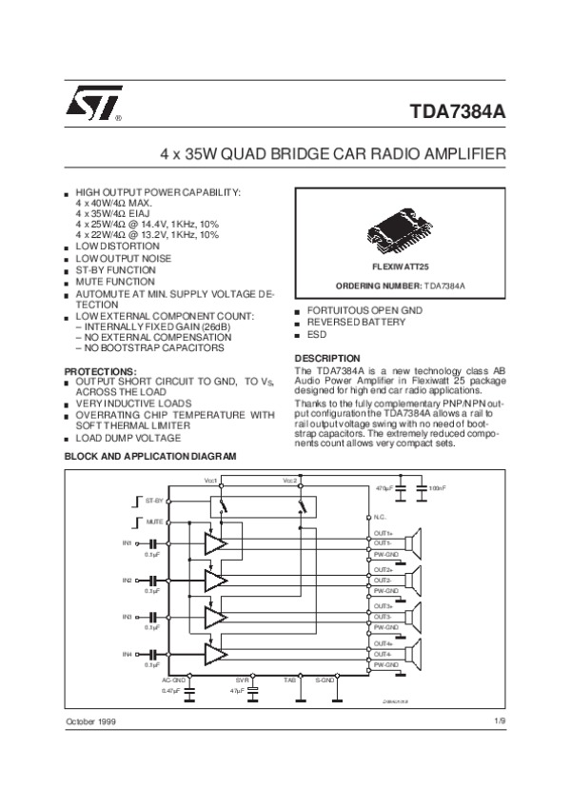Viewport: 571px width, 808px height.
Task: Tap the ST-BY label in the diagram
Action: click(x=154, y=500)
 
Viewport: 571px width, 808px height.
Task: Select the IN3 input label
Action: click(x=127, y=618)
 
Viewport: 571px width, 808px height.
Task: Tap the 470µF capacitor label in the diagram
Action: click(x=384, y=488)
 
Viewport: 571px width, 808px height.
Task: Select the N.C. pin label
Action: click(x=379, y=516)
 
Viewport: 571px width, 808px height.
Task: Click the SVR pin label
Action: click(x=242, y=680)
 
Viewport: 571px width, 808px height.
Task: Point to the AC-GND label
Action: click(x=173, y=680)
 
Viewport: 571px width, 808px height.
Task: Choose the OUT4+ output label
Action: click(x=384, y=643)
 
